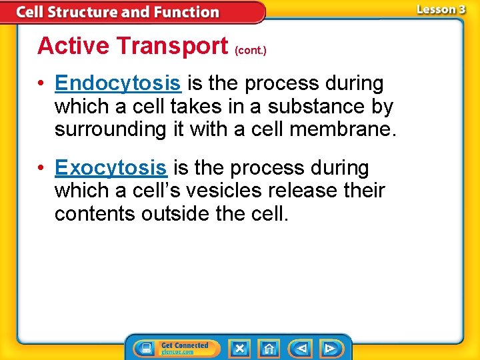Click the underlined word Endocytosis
pos(117,84)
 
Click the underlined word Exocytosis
pos(110,168)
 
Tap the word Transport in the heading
pos(171,46)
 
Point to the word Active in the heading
pos(73,46)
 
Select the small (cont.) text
pos(251,50)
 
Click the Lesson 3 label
pos(441,9)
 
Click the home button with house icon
pos(269,349)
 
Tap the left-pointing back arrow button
pos(301,349)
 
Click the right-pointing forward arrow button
pos(329,349)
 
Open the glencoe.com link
pos(177,352)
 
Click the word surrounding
pos(110,129)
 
